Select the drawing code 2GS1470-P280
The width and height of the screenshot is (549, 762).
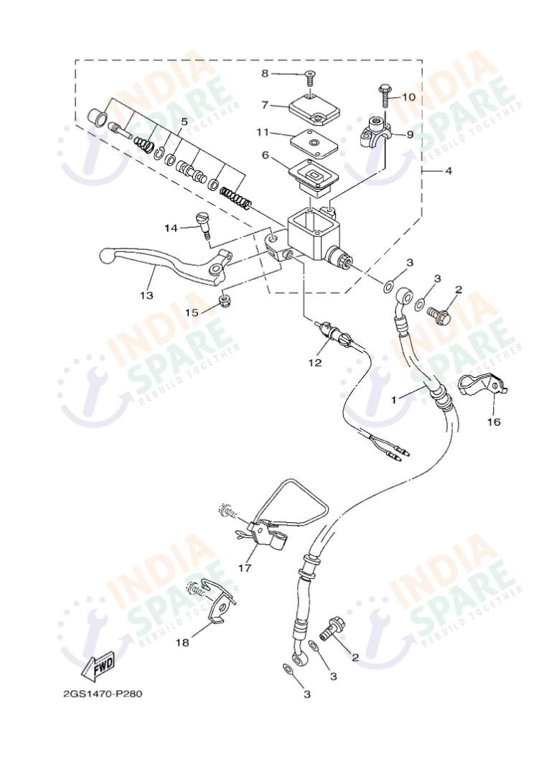[x=106, y=694]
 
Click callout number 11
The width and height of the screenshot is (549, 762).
[x=263, y=131]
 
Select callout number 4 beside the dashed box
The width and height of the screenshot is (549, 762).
[x=449, y=172]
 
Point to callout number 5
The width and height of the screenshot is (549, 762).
[x=184, y=122]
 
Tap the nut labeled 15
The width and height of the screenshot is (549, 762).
[x=224, y=299]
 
